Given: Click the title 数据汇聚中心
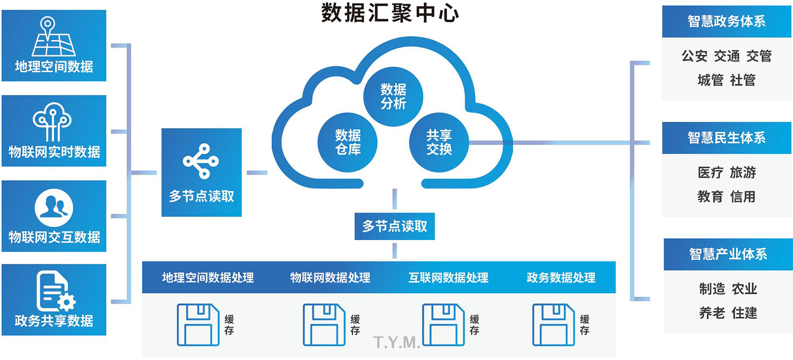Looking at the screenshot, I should (390, 13).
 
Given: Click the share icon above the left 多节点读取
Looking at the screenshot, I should (201, 161).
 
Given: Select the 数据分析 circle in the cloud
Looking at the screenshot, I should (393, 96).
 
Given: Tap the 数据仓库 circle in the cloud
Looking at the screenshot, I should (347, 142).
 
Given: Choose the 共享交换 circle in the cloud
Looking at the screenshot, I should (439, 142).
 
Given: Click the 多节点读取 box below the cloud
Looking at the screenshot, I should (394, 226).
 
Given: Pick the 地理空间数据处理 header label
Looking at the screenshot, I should (208, 277).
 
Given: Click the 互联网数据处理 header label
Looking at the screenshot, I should (448, 277).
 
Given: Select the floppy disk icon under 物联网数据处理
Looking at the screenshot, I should (324, 324).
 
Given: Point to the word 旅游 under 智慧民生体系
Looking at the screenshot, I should (742, 173).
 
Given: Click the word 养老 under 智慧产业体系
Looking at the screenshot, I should (712, 312).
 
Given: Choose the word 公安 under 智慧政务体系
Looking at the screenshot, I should (694, 56).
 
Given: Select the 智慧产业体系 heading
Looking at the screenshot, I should (727, 254).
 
